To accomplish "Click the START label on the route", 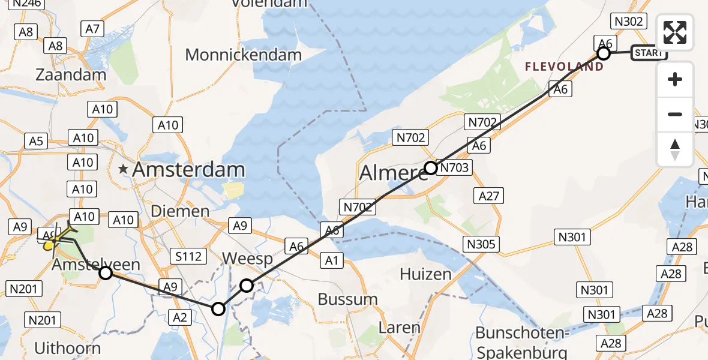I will pyautogui.click(x=649, y=53).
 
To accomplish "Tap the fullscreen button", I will pyautogui.click(x=675, y=32).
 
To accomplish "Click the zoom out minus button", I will pyautogui.click(x=675, y=114).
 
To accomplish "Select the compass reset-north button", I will pyautogui.click(x=675, y=149).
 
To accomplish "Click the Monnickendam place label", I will pyautogui.click(x=243, y=55).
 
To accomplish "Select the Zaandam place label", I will pyautogui.click(x=71, y=75).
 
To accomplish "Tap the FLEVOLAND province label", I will pyautogui.click(x=564, y=67).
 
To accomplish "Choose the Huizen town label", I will pyautogui.click(x=425, y=275).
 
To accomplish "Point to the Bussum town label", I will pyautogui.click(x=347, y=299).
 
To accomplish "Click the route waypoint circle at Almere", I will pyautogui.click(x=431, y=168).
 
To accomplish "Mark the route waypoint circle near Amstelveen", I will pyautogui.click(x=106, y=274).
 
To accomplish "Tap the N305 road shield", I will pyautogui.click(x=482, y=244).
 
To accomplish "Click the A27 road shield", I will pyautogui.click(x=488, y=196).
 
